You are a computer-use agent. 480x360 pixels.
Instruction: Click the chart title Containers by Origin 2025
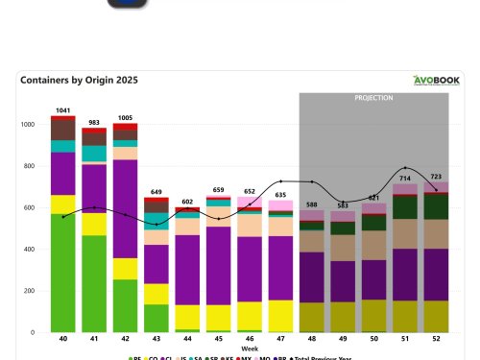(x=72, y=81)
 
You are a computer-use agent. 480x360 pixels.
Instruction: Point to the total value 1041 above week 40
(x=63, y=110)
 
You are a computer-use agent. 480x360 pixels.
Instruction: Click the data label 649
(x=156, y=192)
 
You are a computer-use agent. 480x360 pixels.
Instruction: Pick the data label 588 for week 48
(x=311, y=204)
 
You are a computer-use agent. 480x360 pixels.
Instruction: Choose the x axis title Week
(x=250, y=349)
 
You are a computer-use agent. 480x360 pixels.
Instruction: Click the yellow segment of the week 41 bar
(x=94, y=225)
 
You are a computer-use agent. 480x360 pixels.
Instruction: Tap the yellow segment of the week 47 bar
(x=280, y=315)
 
